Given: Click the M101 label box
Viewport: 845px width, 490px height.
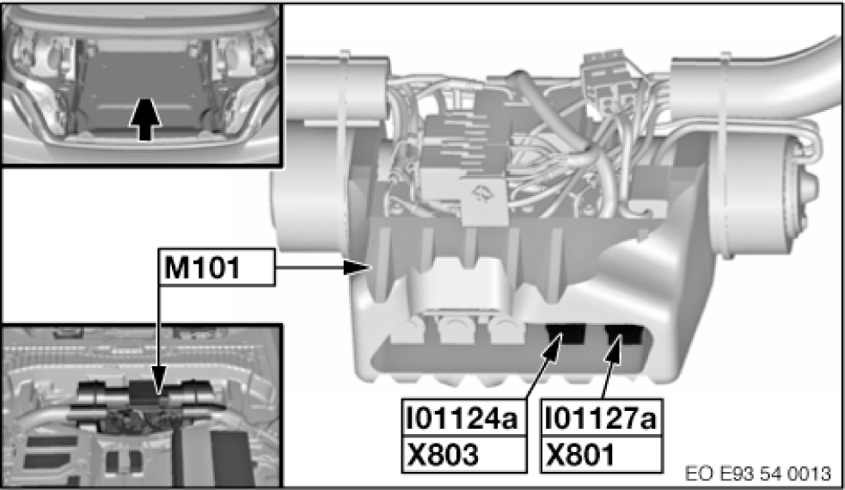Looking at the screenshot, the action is tap(216, 266).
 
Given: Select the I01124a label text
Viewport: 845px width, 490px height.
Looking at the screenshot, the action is tap(462, 418).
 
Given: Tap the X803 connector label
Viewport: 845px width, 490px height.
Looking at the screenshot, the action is tap(443, 455).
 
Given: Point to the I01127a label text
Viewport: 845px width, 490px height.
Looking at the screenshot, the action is tap(601, 418).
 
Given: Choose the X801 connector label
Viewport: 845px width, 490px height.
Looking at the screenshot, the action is tap(580, 455).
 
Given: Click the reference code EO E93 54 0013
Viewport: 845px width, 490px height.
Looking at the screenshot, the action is tap(757, 474).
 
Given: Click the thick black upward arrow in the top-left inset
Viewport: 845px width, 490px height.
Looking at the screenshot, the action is tap(145, 119).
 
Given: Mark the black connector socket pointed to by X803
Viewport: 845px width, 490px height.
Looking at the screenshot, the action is tap(566, 334).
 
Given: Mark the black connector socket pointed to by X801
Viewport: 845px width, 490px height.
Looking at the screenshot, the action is tap(624, 334).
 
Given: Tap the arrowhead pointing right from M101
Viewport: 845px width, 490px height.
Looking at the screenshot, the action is tap(358, 266).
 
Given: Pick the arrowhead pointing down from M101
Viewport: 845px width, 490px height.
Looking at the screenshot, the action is tap(158, 386).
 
